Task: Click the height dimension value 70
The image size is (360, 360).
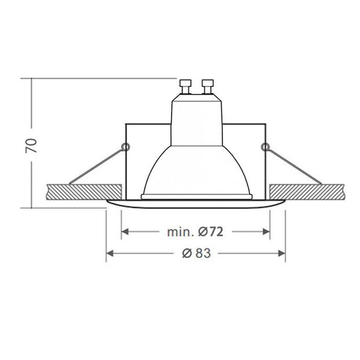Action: tap(31, 146)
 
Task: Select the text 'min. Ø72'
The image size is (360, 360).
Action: tap(195, 232)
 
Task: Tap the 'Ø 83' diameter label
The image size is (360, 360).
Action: tap(197, 253)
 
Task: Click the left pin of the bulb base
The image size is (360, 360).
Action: tap(185, 86)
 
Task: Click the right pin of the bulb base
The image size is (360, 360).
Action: tap(207, 86)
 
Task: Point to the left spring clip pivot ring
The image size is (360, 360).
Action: tap(126, 147)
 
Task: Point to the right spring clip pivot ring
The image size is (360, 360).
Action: tap(266, 147)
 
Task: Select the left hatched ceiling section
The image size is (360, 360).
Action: tap(84, 192)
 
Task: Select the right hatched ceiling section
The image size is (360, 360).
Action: tap(307, 192)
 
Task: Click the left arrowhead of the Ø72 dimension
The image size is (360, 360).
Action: tap(124, 232)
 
